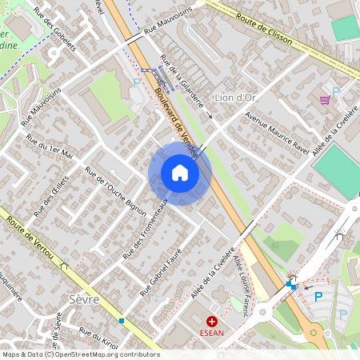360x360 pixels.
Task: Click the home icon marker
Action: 180,173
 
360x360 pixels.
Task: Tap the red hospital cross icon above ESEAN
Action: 212,322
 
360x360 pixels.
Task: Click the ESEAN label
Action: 212,334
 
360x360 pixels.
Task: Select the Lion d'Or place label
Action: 236,98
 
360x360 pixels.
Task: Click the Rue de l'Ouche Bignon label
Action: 116,193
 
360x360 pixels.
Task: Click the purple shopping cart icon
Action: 325,100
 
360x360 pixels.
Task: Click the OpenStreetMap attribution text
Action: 80,354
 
